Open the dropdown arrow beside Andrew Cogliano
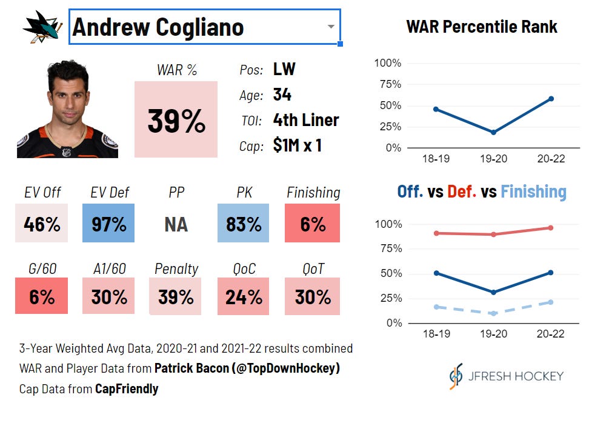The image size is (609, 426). pos(331,27)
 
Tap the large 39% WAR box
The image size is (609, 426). pos(176,119)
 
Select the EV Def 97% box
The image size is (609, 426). pos(108,223)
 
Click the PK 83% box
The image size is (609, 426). pos(243,223)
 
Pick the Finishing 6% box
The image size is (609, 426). pos(312,223)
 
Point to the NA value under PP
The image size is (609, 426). pos(176,224)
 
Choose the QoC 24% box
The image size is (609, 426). pos(243,296)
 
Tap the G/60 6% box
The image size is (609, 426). pos(42,296)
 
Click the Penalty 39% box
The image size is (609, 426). pos(175,296)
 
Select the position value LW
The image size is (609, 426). pos(284,69)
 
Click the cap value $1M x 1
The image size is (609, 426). pos(297,145)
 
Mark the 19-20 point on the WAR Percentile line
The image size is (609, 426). pos(493,133)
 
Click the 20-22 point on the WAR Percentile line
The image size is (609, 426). pos(551,99)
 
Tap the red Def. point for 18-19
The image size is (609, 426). pos(436,233)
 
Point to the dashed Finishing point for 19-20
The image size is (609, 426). pos(493,313)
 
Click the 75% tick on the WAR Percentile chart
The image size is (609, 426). pos(390,84)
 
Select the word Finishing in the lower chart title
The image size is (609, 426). pos(533,192)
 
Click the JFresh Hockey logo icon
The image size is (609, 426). pos(456,376)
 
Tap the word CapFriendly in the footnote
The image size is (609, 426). pos(127,388)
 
